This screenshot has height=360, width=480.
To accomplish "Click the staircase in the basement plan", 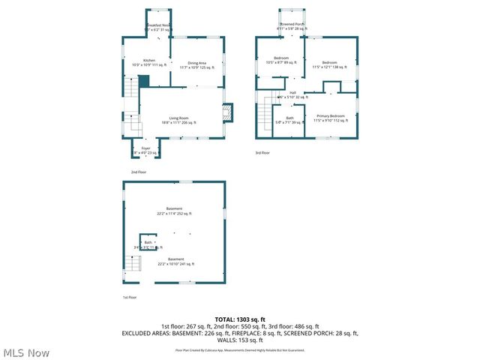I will coord(132,264).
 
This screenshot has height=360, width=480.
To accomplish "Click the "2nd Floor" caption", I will coord(139,172).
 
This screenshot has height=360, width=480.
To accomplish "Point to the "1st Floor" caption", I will coord(130,297).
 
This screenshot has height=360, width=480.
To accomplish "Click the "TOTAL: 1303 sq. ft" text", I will coord(240,319).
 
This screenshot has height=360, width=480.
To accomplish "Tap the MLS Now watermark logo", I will coord(25,352).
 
